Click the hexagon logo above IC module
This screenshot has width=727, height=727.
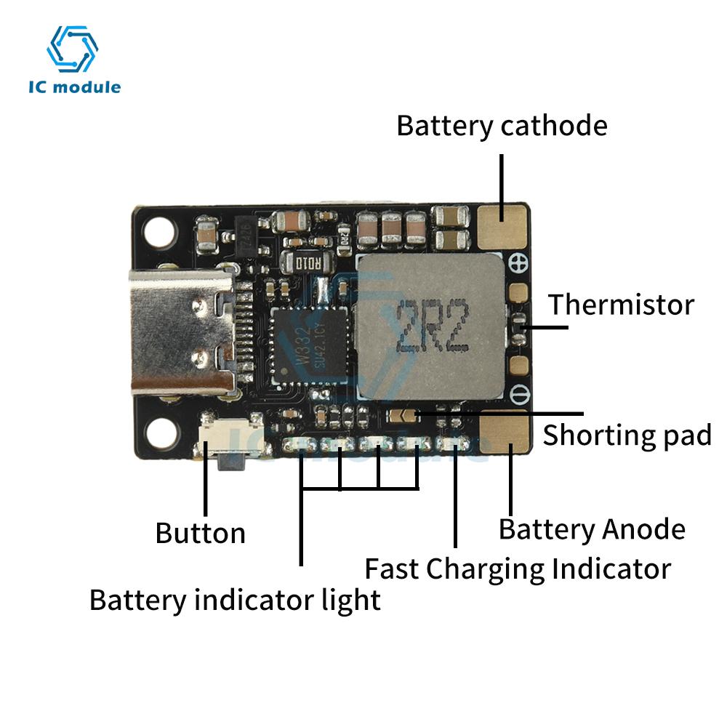[72, 49]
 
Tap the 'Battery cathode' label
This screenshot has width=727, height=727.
[502, 126]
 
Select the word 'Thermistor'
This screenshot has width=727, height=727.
[621, 304]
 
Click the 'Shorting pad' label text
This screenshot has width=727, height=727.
[627, 435]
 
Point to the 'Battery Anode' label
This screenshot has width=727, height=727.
[592, 529]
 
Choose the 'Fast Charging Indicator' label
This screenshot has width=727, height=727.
[517, 569]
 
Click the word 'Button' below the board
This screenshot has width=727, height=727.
[200, 533]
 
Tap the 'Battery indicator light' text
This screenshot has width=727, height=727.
[235, 601]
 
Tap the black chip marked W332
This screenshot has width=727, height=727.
[310, 345]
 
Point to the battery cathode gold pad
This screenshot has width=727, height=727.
[503, 225]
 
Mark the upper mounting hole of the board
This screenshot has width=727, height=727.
[159, 231]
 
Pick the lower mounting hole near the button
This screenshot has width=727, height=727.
[159, 434]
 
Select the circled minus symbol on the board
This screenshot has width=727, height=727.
[518, 395]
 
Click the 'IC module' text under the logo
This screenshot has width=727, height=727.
[74, 88]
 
